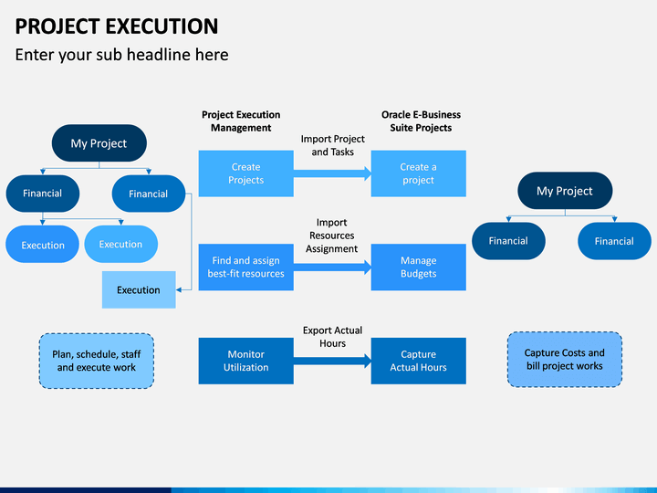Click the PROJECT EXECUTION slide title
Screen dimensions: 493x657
117,26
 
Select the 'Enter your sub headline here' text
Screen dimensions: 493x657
121,55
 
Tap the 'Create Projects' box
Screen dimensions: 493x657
245,173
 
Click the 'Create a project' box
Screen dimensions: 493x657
418,173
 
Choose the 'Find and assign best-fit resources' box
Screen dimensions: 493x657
245,267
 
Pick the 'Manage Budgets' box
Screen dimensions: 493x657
418,267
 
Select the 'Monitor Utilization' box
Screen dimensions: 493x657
245,361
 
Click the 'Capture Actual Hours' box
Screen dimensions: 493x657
418,361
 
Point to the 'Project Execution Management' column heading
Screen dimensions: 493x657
241,121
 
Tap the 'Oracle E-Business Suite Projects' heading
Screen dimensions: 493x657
421,121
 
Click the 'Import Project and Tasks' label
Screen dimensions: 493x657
332,145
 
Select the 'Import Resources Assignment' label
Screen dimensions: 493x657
331,236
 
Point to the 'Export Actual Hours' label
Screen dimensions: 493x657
332,336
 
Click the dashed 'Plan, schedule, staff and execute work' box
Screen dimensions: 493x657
97,360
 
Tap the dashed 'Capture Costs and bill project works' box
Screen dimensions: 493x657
565,359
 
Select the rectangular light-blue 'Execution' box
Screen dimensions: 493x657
138,289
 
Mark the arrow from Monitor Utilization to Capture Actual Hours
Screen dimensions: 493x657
332,360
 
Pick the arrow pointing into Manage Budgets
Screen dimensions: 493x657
332,267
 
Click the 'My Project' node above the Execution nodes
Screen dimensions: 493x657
99,143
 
